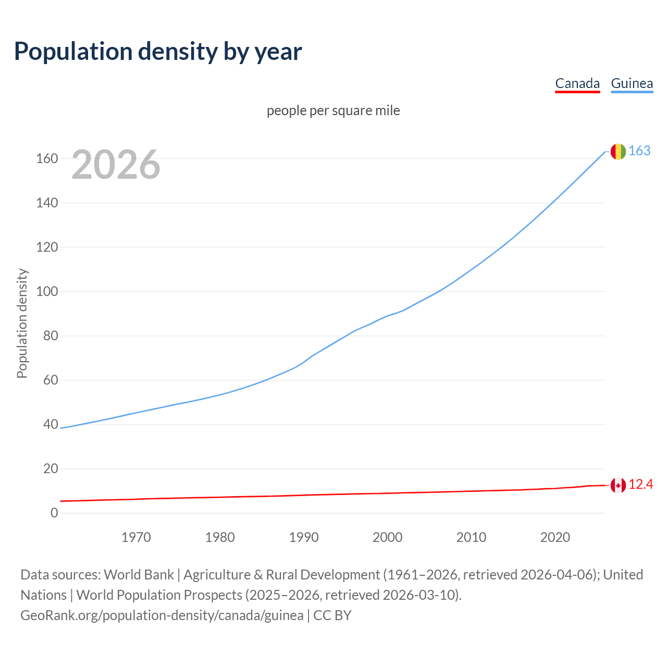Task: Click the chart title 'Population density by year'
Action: (158, 52)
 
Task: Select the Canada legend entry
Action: (577, 83)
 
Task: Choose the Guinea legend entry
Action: (632, 83)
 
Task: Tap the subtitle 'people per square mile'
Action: (333, 110)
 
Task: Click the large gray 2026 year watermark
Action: (116, 165)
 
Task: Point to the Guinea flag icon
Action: (618, 151)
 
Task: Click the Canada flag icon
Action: (618, 485)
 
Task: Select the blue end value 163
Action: (639, 151)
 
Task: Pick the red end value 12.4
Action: (640, 485)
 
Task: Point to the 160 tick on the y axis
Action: (47, 158)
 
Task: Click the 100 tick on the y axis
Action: (47, 291)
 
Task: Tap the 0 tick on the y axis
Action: (54, 513)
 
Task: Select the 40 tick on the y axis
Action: (51, 424)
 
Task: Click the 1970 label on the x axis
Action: (136, 537)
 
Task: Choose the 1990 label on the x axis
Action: (304, 537)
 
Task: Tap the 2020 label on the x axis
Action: (555, 537)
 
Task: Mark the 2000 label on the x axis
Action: (388, 537)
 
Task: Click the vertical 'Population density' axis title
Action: (22, 323)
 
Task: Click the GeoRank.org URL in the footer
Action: (162, 615)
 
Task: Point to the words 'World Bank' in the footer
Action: (139, 575)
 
